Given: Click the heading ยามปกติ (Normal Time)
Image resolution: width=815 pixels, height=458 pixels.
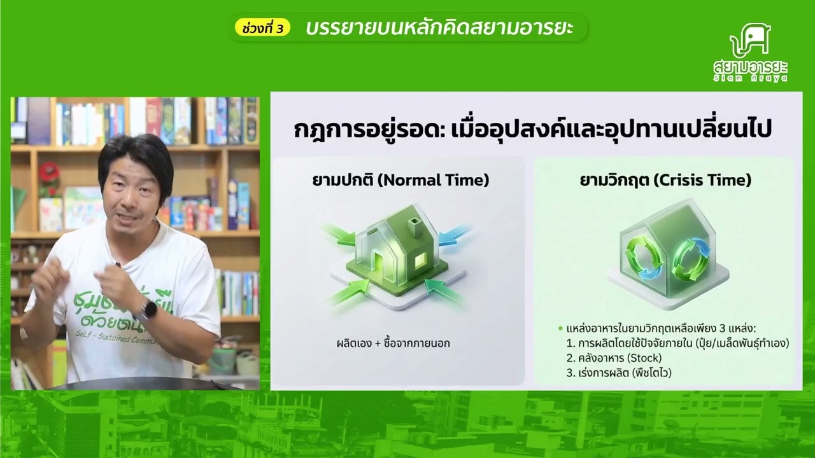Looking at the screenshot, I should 397,180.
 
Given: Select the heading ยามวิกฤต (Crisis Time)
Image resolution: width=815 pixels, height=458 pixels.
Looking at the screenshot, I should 665,180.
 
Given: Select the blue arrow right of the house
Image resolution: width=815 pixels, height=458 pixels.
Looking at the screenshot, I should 453,235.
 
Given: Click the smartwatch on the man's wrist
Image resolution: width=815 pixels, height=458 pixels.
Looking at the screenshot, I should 148,310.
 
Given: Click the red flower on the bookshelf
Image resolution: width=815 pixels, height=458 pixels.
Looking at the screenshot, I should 48,171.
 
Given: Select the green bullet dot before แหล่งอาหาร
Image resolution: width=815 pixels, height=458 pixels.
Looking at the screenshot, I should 560,329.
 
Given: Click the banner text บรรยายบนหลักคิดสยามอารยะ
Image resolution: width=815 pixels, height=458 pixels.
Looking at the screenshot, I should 439,29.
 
